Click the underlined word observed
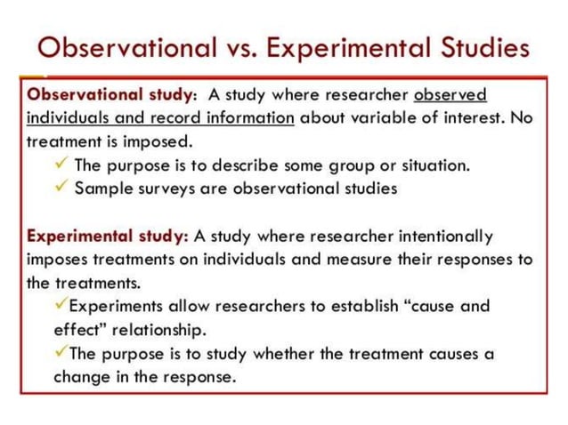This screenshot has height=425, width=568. pos(450,94)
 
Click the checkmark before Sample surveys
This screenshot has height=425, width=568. pos(61,188)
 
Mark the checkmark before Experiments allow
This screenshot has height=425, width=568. pos(61,305)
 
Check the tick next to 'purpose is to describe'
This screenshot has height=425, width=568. pos(61,164)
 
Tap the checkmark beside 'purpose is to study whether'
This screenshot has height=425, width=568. pos(61,352)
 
